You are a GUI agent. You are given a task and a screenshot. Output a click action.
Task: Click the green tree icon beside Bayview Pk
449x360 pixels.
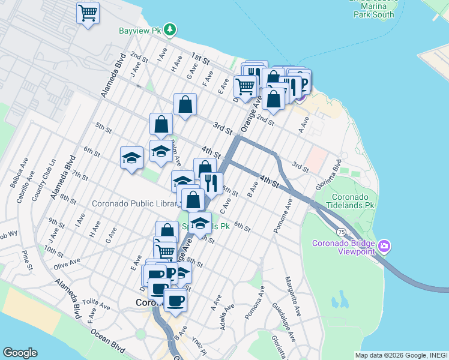(x=170, y=28)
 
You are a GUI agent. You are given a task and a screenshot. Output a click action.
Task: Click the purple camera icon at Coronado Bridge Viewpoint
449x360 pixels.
(x=384, y=246)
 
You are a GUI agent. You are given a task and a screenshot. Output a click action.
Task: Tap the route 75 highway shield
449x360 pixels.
(x=340, y=231)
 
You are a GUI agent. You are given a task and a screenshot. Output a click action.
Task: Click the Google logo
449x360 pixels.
(x=20, y=352)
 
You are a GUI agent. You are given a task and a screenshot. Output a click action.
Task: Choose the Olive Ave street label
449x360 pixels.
(x=67, y=263)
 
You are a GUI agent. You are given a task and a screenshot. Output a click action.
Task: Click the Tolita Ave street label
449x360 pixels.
(x=97, y=303)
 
